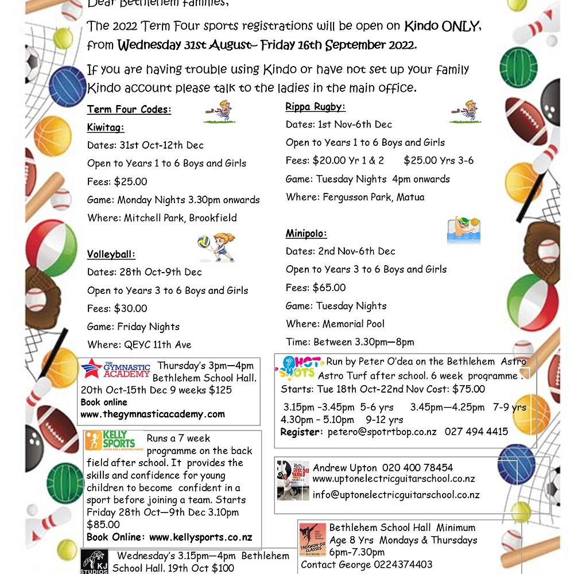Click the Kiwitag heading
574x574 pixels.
pyautogui.click(x=106, y=127)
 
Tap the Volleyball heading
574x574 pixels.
pyautogui.click(x=111, y=254)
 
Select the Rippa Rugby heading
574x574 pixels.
pyautogui.click(x=316, y=107)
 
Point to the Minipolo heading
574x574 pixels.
pyautogui.click(x=307, y=234)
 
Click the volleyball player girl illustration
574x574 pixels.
pyautogui.click(x=216, y=247)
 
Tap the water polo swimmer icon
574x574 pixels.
pyautogui.click(x=463, y=230)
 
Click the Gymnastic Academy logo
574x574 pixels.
pyautogui.click(x=115, y=369)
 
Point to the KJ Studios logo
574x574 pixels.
pyautogui.click(x=94, y=562)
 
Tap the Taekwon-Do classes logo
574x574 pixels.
pyautogui.click(x=313, y=540)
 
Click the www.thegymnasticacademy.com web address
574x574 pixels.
pyautogui.click(x=153, y=414)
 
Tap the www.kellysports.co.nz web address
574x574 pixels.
pyautogui.click(x=200, y=537)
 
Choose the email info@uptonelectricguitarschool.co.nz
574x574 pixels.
pyautogui.click(x=396, y=494)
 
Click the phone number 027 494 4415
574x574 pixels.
pyautogui.click(x=476, y=432)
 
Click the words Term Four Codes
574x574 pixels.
pyautogui.click(x=129, y=110)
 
